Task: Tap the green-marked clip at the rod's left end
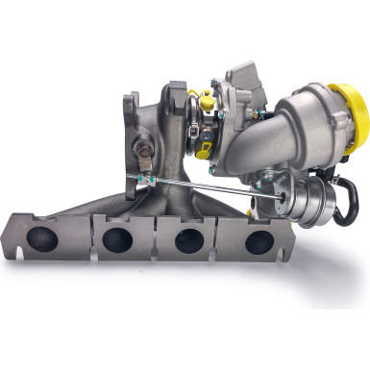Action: (x=144, y=180)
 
